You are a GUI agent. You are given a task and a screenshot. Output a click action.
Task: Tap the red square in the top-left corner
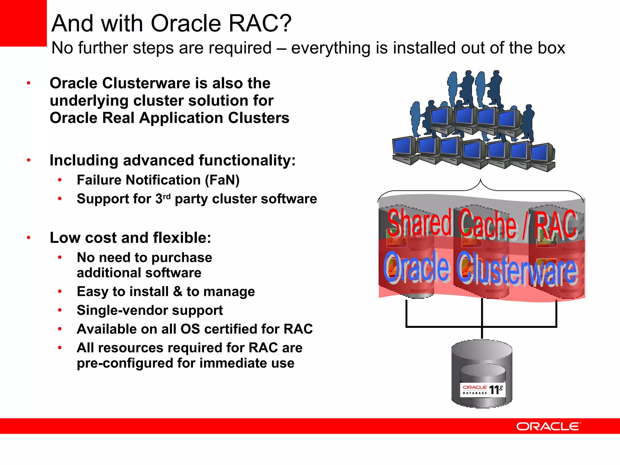[23, 23]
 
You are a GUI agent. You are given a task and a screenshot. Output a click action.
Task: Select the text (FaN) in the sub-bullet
[222, 180]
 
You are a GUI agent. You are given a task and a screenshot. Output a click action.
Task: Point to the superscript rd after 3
[167, 197]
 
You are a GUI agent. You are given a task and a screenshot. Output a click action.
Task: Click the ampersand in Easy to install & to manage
[177, 292]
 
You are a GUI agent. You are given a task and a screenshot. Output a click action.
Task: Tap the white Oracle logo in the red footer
[548, 427]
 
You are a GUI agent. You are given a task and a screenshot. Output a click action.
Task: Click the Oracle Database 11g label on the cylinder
[483, 390]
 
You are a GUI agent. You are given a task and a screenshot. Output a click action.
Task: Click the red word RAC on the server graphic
[556, 225]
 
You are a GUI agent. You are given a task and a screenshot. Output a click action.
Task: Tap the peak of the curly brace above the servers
[480, 180]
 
